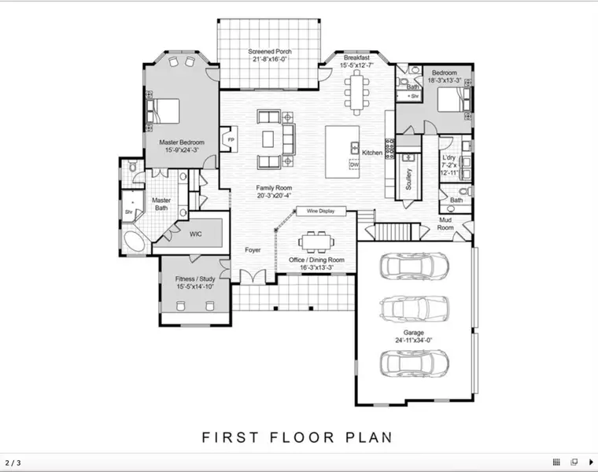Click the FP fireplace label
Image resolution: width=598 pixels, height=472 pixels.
(x=231, y=139)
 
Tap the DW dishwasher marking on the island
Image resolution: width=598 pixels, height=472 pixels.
(x=354, y=164)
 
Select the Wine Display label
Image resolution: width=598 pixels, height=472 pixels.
(x=321, y=211)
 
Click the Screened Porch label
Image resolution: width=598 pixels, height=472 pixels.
(x=270, y=51)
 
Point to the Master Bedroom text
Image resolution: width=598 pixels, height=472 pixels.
(x=182, y=142)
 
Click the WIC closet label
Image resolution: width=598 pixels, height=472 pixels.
(x=196, y=234)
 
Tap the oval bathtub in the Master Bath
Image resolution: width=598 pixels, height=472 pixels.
(x=135, y=242)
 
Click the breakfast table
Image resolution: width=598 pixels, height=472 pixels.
(x=356, y=92)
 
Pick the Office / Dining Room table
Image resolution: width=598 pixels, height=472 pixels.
(x=316, y=242)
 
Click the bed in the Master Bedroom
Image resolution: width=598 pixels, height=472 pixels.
(x=163, y=111)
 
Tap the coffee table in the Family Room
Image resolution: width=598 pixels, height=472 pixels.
(x=268, y=138)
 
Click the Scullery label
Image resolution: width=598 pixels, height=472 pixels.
(x=408, y=179)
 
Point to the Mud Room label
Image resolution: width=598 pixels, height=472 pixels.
(x=445, y=223)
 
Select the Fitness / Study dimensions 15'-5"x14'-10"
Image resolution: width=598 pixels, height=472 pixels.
(x=195, y=286)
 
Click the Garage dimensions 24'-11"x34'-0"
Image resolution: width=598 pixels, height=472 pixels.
(x=413, y=340)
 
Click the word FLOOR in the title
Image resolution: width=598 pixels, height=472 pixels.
(x=302, y=437)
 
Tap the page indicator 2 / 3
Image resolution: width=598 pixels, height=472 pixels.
(x=13, y=463)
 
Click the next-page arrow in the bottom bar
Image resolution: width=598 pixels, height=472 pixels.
(x=592, y=462)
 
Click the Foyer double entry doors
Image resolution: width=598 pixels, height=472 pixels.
(x=253, y=276)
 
